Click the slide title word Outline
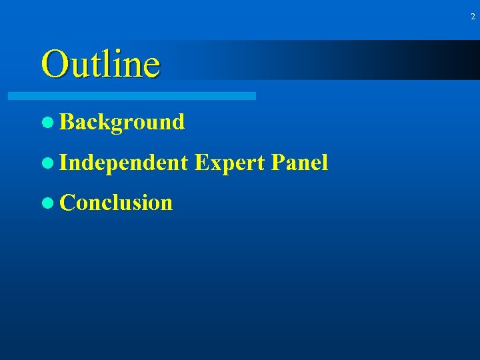click(x=101, y=64)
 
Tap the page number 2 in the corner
click(x=473, y=17)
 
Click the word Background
click(x=122, y=122)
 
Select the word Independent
click(x=124, y=163)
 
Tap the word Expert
click(x=231, y=163)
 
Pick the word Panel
click(x=301, y=162)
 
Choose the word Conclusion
click(x=116, y=203)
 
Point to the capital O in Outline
click(x=53, y=64)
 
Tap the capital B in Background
click(x=66, y=122)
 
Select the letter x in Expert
click(x=212, y=164)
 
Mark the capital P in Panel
click(x=279, y=162)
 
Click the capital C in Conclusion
click(x=67, y=203)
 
